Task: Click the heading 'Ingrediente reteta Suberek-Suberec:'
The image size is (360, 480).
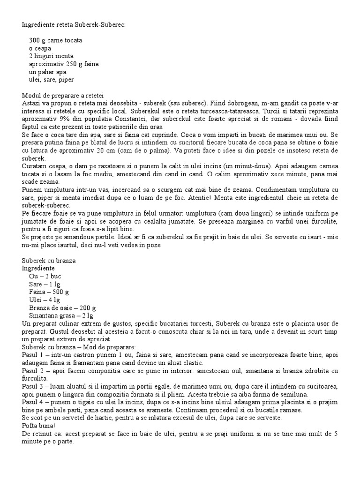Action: [x=74, y=23]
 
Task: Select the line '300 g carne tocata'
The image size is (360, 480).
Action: [x=55, y=40]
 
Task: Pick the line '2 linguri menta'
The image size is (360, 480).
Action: [x=51, y=56]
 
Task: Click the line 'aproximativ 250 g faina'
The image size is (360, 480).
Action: [x=64, y=64]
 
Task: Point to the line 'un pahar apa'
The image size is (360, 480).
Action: [x=47, y=72]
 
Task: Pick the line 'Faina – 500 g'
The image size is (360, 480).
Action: [x=49, y=292]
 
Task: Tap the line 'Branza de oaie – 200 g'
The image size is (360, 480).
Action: [x=62, y=308]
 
